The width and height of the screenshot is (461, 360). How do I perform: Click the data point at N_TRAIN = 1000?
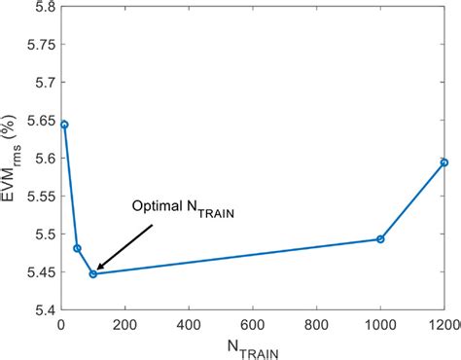point(380,239)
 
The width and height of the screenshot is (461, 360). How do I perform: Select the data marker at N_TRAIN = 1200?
point(443,162)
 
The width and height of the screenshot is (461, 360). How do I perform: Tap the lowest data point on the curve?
point(93,274)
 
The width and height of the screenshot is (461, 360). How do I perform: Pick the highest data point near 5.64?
point(64,125)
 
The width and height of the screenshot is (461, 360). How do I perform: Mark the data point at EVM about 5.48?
point(77,248)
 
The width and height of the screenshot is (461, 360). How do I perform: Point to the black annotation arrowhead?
point(100,266)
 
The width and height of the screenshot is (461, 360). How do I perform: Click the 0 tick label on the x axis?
point(61,324)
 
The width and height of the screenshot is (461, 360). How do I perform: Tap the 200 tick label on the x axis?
point(125,324)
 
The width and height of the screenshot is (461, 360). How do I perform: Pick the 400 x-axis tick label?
point(189,324)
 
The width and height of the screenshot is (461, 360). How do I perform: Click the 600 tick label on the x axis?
point(253,324)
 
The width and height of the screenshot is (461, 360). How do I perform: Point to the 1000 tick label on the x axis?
point(380,324)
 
